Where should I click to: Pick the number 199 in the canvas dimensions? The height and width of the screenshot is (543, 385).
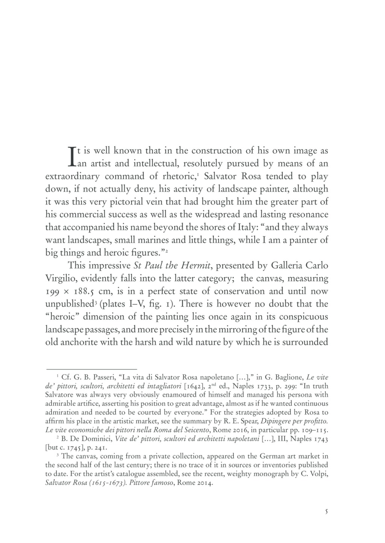[x=54, y=292]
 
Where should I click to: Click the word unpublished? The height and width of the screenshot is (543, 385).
[x=70, y=304]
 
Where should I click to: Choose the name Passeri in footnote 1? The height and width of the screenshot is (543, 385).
[x=103, y=377]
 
